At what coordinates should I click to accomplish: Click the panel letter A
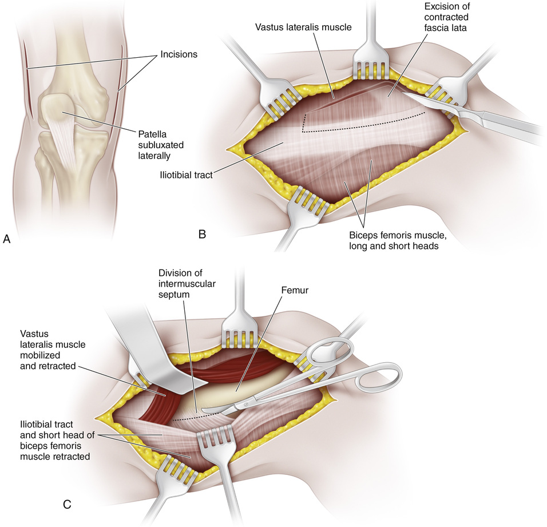tap(7, 240)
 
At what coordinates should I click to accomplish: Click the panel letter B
tap(201, 233)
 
